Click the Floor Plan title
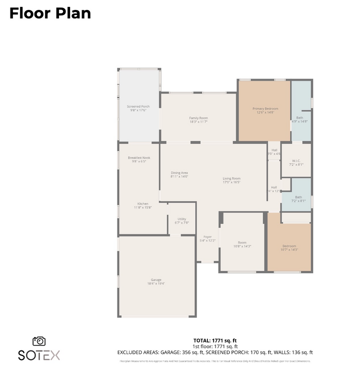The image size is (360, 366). (x=50, y=13)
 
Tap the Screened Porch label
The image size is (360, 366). (x=138, y=106)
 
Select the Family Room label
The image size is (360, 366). (x=198, y=118)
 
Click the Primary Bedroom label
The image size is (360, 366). (x=265, y=108)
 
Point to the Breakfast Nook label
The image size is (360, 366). (x=138, y=158)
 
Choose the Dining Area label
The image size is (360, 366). (x=179, y=173)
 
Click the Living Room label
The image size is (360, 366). (x=231, y=178)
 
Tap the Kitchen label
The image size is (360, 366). (x=143, y=203)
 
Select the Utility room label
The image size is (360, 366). (x=182, y=219)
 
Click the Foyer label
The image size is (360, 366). (x=207, y=237)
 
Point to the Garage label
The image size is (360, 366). (x=156, y=279)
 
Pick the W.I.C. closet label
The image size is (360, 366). (x=296, y=161)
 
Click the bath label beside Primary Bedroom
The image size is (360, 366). (x=299, y=118)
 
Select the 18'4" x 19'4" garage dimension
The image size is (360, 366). (x=156, y=283)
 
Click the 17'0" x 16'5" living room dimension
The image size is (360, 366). (x=231, y=182)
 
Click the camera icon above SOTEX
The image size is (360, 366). (x=39, y=341)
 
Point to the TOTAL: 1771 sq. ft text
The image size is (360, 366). (x=214, y=340)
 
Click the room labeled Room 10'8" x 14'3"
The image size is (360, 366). (x=242, y=244)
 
